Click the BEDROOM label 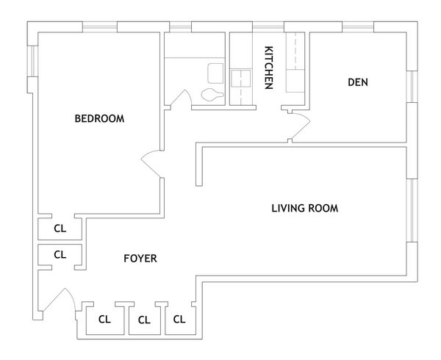tap(99, 118)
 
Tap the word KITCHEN tap(269, 68)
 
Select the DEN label tap(358, 82)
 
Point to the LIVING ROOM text tap(304, 208)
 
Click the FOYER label tap(140, 259)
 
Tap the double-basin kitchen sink tap(240, 78)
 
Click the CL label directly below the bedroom tap(60, 228)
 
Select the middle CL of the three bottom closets tap(144, 320)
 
